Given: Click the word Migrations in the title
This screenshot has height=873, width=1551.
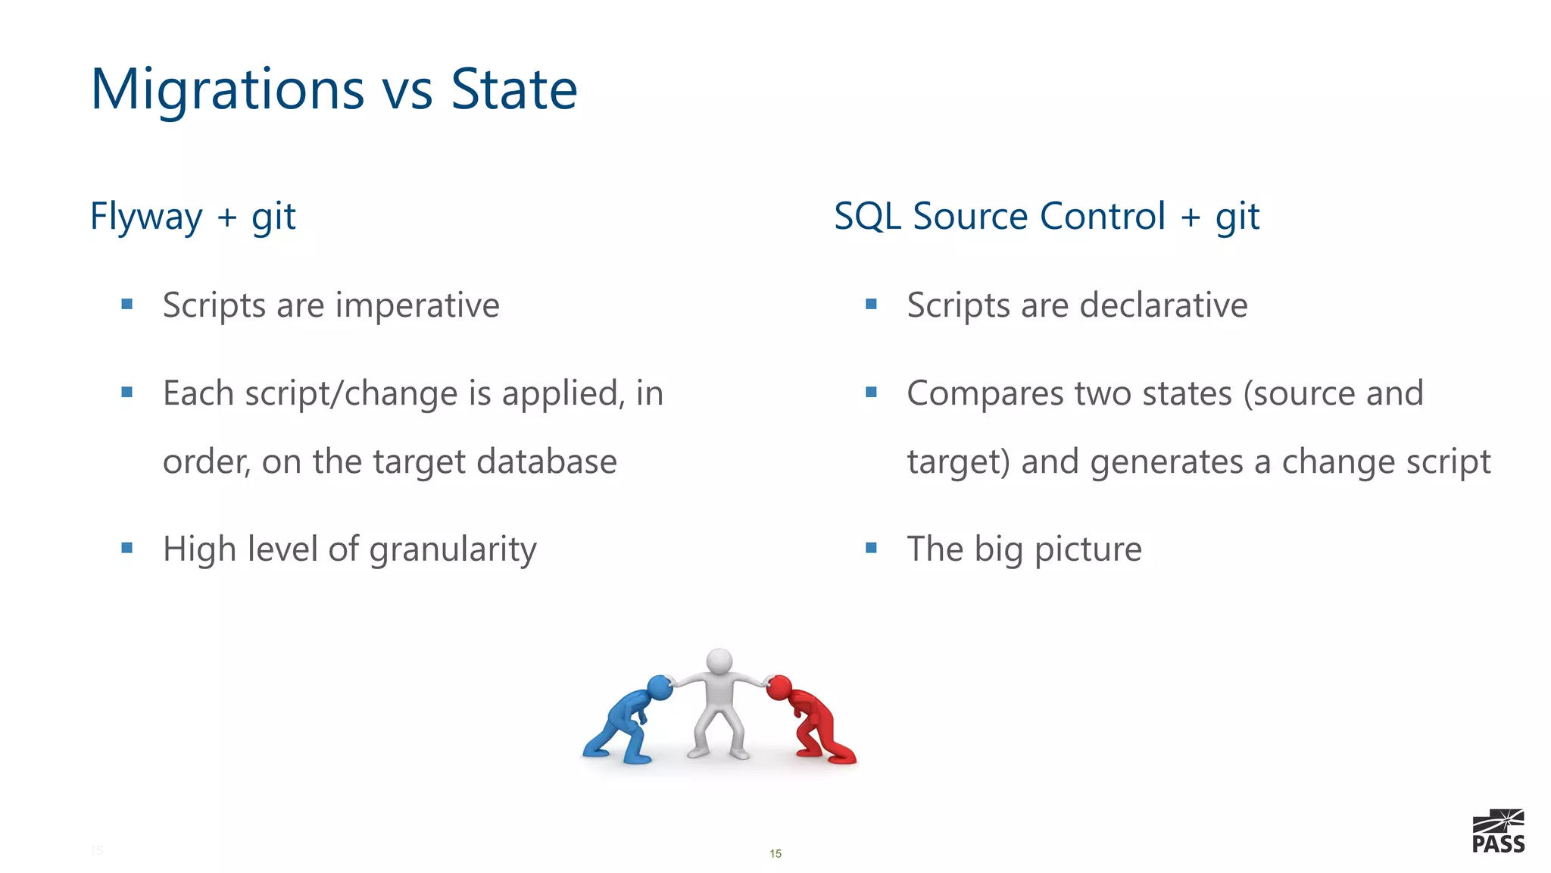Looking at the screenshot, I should coord(227,89).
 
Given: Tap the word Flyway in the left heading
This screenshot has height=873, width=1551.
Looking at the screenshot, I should coord(146,217).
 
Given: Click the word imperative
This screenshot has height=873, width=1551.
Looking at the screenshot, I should coord(417,305).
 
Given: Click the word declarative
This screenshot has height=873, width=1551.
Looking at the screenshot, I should coord(1163,305).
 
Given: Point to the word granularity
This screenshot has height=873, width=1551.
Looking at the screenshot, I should coord(453,549).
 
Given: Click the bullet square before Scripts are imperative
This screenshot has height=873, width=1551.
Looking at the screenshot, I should coord(127,305).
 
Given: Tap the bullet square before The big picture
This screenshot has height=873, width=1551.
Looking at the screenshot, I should coord(871,548).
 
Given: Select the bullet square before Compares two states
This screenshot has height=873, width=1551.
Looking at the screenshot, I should coord(871,393).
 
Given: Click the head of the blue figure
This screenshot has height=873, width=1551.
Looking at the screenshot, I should coord(660,687).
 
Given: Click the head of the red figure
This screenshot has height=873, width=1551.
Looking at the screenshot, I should coord(779,688).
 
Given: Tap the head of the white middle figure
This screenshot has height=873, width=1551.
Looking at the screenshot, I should coord(719,660).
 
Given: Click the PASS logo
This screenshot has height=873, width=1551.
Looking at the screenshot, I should coord(1498,831).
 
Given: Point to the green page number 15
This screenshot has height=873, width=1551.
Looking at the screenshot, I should coord(775,854).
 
